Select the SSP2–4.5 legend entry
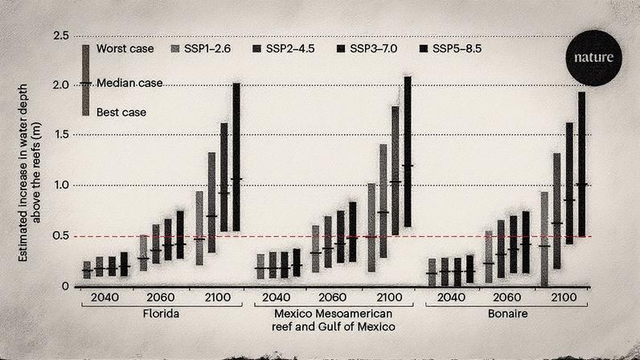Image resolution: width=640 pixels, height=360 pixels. coord(285,49)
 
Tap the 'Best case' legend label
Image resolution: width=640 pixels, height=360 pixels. coord(121,112)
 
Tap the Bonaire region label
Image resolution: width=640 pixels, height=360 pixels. coord(507,313)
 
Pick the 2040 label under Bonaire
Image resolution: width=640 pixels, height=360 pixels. coord(451,297)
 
